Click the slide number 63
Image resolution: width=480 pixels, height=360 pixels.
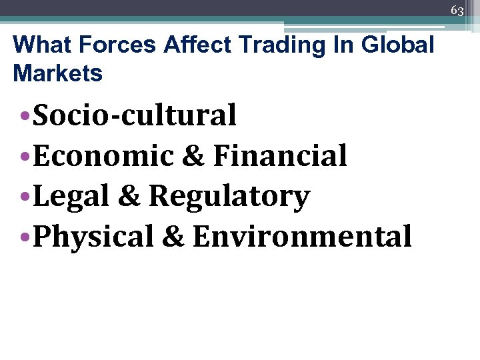(x=457, y=11)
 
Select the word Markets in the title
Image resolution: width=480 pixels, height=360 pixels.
(x=58, y=73)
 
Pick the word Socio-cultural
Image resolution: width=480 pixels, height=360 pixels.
(x=135, y=115)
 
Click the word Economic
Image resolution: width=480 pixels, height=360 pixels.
(x=103, y=156)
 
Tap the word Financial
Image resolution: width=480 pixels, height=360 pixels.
(x=280, y=156)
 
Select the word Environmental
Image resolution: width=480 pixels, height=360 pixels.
(x=302, y=237)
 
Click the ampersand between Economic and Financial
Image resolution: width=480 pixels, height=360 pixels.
(x=193, y=156)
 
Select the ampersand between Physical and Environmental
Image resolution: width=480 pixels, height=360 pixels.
(x=173, y=237)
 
